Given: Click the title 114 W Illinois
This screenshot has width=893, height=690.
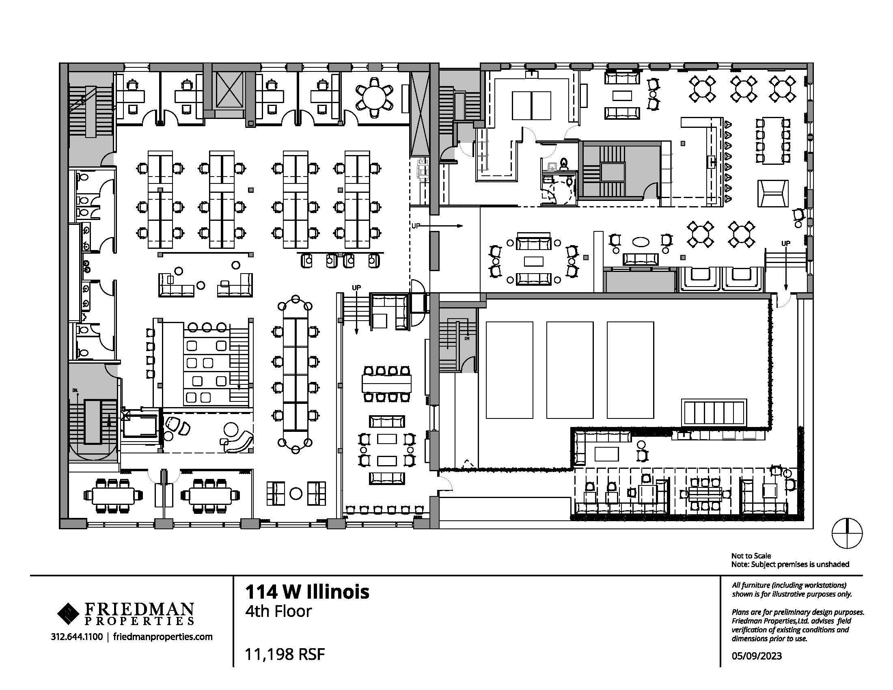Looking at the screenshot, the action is pyautogui.click(x=307, y=592).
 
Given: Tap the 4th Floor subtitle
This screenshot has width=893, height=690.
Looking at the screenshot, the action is pyautogui.click(x=278, y=612).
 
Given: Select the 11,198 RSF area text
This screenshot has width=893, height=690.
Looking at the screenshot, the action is pyautogui.click(x=285, y=654).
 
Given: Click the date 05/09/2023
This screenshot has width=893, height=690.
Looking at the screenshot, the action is pyautogui.click(x=757, y=656).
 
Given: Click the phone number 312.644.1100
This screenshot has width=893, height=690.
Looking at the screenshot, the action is pyautogui.click(x=77, y=637).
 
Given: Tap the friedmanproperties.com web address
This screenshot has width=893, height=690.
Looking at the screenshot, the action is pyautogui.click(x=163, y=637).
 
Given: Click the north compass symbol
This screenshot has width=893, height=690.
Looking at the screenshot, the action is pyautogui.click(x=847, y=533).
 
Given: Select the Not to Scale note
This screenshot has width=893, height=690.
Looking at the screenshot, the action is pyautogui.click(x=751, y=556).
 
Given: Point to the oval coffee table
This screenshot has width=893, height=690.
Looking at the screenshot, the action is pyautogui.click(x=641, y=242).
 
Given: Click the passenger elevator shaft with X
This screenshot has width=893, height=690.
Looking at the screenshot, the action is pyautogui.click(x=229, y=91).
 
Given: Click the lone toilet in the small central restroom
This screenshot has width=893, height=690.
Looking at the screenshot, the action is pyautogui.click(x=564, y=164).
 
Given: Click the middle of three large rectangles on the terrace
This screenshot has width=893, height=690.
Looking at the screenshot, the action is pyautogui.click(x=569, y=370).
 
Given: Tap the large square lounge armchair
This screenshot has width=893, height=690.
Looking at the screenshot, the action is pyautogui.click(x=772, y=194).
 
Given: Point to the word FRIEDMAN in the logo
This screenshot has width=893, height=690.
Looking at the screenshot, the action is pyautogui.click(x=139, y=610).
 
